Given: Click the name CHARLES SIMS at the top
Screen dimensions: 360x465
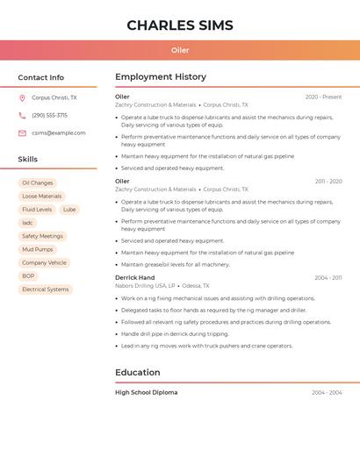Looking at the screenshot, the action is coord(179,25).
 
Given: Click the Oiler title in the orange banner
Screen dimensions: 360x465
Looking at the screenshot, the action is coord(180,50).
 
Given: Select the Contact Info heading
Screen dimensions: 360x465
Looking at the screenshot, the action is coord(40,77).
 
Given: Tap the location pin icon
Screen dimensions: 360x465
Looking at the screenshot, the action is coord(22,98).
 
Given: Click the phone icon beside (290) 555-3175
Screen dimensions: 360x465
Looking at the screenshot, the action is coord(22,116).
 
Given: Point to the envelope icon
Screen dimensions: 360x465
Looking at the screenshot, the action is coord(22,133).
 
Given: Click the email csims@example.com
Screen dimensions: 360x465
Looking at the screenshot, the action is coord(59,133).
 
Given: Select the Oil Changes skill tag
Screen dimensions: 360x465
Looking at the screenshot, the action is coord(38,183).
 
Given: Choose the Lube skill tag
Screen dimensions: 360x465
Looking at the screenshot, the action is coord(69,210).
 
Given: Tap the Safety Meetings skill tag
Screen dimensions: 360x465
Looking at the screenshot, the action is coord(42,236).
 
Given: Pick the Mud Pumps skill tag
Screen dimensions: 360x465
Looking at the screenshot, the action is coord(38,249).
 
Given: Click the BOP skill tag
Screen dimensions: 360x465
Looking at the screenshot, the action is coord(28,275).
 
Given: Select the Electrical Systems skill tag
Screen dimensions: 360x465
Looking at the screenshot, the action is coord(45,289).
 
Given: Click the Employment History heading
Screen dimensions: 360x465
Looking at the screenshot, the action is coord(161,77).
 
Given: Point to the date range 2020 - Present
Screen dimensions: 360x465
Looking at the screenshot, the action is coord(323,97).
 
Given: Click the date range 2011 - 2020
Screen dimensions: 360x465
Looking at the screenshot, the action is coord(328,182).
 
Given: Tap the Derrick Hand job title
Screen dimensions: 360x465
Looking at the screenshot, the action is coord(134,277).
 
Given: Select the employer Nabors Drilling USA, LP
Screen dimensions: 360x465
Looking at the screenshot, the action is coord(145,286).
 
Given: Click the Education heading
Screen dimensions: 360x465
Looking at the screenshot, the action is coord(137,372).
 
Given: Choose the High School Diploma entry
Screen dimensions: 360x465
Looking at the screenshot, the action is coord(146,392).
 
